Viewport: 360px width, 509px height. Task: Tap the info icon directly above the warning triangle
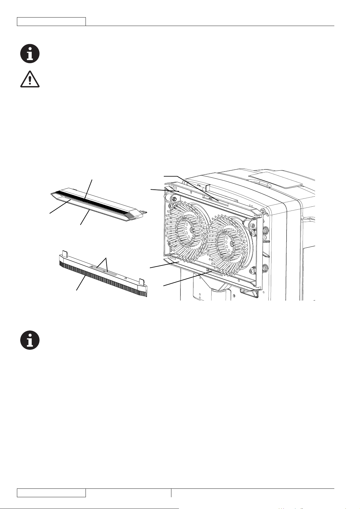(x=30, y=54)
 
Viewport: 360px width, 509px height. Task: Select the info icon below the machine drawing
(x=30, y=340)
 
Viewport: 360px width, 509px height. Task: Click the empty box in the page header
(x=51, y=21)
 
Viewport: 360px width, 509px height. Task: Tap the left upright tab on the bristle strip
(x=64, y=253)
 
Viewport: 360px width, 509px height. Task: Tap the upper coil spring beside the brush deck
(x=266, y=232)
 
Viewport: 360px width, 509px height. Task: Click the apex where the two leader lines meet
(x=106, y=258)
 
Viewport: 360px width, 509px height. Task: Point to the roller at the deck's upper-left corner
(x=174, y=198)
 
